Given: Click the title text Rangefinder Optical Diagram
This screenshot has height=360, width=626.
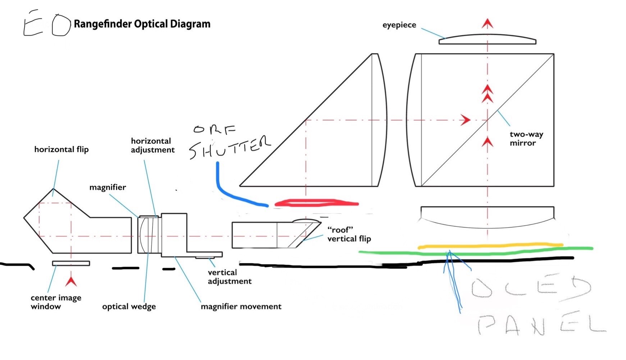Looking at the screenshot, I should (142, 24).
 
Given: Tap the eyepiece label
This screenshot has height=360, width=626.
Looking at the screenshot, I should (399, 25).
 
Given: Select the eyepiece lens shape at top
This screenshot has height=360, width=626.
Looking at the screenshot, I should (487, 40).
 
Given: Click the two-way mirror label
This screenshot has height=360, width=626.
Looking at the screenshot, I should (526, 139).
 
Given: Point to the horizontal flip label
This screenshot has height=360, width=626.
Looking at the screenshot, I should (61, 149).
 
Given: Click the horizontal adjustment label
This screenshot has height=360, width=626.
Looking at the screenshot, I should (152, 146).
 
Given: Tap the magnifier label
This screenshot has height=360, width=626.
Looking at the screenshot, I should (108, 187).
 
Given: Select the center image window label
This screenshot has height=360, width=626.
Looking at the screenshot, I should (56, 302).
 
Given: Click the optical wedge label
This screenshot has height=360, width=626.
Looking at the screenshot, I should (129, 307).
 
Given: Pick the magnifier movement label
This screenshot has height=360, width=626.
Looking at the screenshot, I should (241, 306).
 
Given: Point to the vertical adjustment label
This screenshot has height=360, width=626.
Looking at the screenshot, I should (229, 277).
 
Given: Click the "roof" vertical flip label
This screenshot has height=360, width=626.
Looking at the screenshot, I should (349, 234).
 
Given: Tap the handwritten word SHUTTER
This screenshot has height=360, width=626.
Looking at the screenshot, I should (230, 147).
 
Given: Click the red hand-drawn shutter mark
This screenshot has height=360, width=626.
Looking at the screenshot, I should (316, 203).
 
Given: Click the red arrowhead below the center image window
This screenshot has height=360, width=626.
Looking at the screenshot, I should (71, 281).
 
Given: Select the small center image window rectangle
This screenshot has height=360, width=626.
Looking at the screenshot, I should (71, 263).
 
